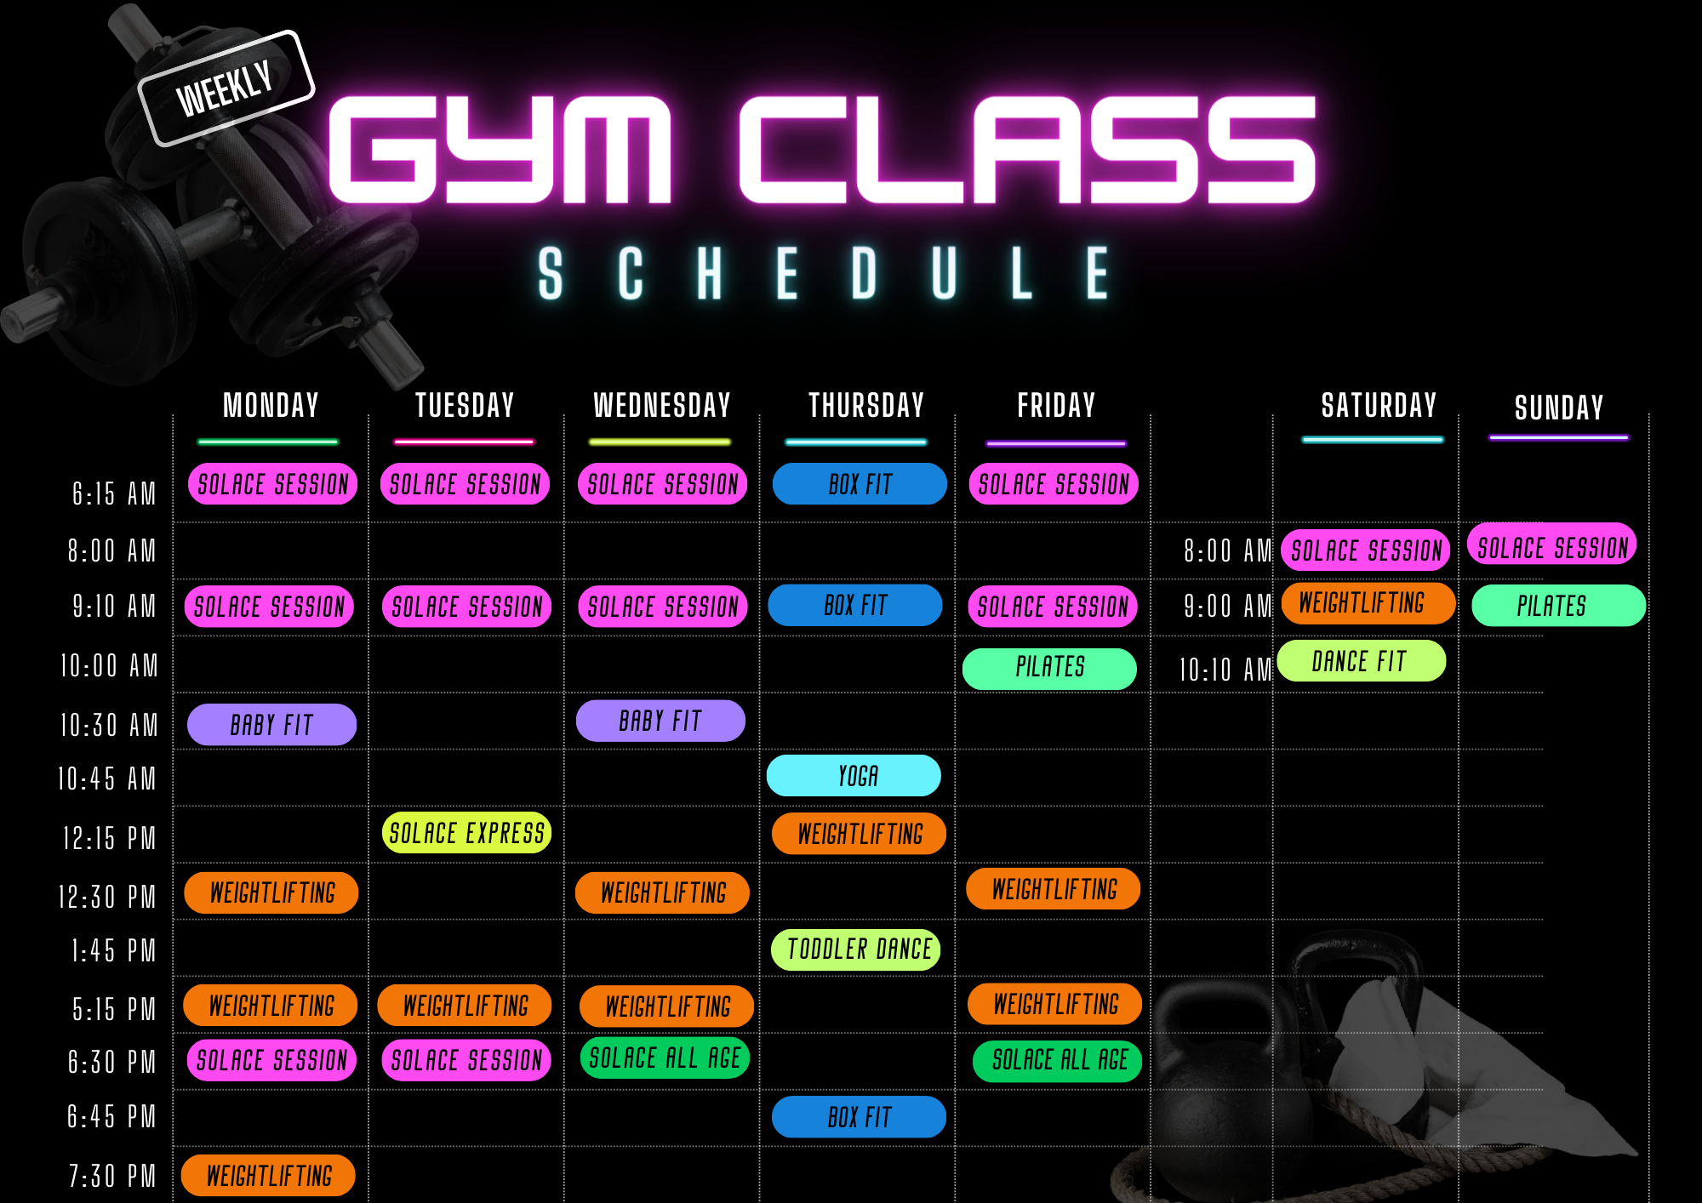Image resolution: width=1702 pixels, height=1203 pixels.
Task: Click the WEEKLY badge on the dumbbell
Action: point(226,88)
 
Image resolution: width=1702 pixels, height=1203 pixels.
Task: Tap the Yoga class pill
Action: point(854,776)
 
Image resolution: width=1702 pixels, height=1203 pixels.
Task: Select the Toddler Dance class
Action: point(856,949)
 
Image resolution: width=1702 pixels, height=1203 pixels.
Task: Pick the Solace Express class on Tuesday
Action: point(466,833)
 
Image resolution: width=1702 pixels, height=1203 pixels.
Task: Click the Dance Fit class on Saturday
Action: point(1361,661)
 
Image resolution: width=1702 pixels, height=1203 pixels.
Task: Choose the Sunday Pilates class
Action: point(1557,606)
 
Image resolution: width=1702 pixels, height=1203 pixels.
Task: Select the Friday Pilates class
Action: point(1049,668)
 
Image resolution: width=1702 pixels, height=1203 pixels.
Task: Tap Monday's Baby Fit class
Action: point(271,725)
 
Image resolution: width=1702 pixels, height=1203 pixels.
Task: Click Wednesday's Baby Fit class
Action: point(660,721)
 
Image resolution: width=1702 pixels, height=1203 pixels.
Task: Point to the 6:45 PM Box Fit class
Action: point(859,1117)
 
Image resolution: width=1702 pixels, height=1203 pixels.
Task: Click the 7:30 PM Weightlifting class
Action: point(269,1176)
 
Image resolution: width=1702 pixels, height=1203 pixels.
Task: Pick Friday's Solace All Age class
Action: point(1057,1061)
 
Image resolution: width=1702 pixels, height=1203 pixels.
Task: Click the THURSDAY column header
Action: point(865,406)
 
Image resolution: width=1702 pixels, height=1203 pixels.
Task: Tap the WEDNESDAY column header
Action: point(661,406)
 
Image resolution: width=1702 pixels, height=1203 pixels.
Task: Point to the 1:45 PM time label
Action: point(113,951)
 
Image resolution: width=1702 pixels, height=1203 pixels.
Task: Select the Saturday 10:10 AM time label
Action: point(1224,670)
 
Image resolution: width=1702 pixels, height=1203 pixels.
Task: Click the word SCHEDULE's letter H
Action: point(710,274)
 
